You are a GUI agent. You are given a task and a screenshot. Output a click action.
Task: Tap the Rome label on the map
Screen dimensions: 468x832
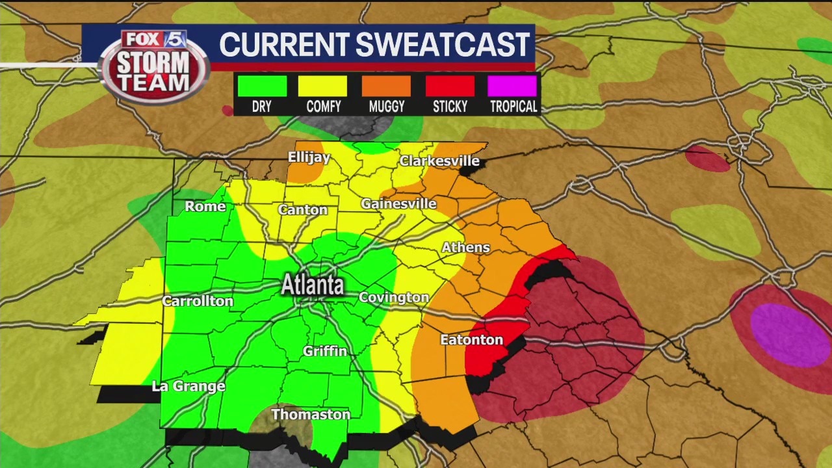click(x=205, y=207)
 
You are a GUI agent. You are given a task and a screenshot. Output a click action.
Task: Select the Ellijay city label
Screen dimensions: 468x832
click(x=309, y=158)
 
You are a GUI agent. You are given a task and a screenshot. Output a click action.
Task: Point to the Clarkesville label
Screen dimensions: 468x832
click(x=439, y=161)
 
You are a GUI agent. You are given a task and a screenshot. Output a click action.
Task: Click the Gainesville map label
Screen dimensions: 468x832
click(x=398, y=203)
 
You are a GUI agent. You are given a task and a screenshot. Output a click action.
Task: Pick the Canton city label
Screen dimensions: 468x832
click(x=303, y=210)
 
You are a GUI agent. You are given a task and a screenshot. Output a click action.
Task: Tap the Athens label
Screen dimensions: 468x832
click(x=465, y=248)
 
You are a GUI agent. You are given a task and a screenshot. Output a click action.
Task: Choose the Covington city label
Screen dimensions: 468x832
click(x=394, y=298)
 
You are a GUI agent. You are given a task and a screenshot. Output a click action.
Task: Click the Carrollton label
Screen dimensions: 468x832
click(x=198, y=301)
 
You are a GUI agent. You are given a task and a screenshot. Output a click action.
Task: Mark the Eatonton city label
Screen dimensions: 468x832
click(x=471, y=340)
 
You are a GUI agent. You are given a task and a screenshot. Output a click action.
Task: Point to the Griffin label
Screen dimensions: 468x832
click(x=325, y=351)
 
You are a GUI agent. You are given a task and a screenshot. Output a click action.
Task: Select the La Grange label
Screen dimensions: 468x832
click(x=188, y=386)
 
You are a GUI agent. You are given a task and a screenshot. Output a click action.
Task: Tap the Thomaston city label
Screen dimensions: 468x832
click(x=311, y=415)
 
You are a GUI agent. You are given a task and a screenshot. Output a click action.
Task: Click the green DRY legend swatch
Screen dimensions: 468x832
click(x=262, y=86)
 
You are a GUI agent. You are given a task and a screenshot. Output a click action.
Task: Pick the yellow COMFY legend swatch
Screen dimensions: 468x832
click(x=323, y=86)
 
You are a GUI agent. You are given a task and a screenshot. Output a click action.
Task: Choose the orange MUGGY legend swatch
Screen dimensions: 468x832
click(x=387, y=86)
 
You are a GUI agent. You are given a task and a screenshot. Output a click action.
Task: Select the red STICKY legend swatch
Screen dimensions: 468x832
click(x=450, y=86)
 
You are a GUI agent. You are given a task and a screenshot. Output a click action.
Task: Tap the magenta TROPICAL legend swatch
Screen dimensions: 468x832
click(x=513, y=86)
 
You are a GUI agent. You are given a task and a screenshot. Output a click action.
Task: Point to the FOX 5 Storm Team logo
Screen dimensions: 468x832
click(x=154, y=66)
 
